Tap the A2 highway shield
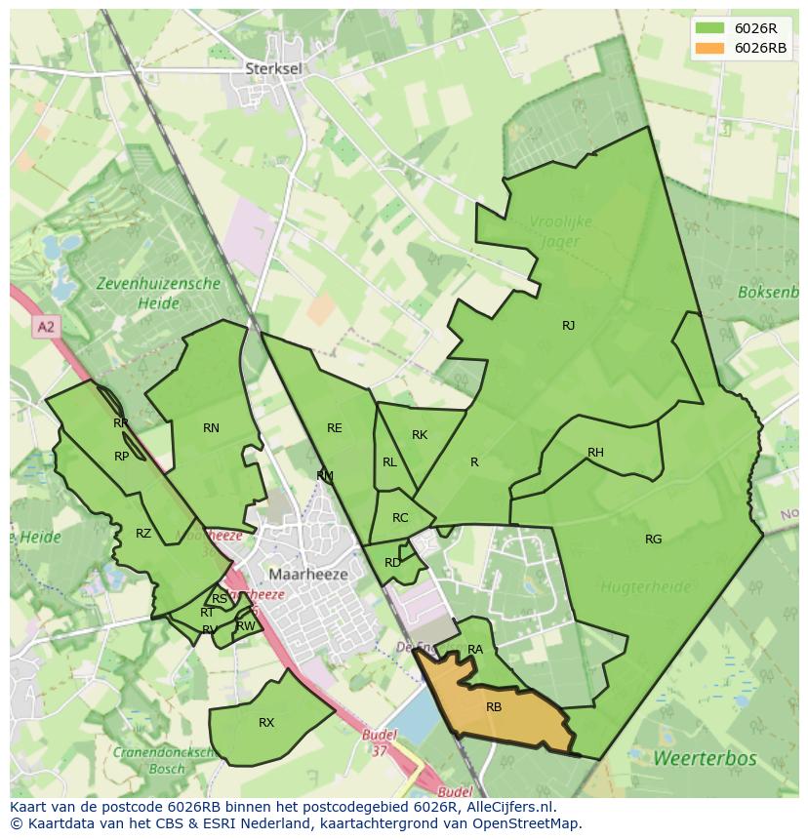tap(46, 328)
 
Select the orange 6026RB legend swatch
tap(709, 48)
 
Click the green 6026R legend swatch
tap(709, 28)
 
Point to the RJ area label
tap(568, 326)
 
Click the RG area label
tap(653, 540)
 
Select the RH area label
tap(595, 453)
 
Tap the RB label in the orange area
tap(494, 707)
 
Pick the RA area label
tap(475, 650)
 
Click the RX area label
tap(266, 723)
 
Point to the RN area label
tap(211, 428)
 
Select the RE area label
tap(335, 428)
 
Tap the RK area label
tap(420, 435)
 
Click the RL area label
tap(389, 462)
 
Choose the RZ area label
tap(143, 534)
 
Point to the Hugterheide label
tap(645, 587)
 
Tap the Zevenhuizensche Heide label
tap(158, 293)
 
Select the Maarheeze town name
tap(308, 575)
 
